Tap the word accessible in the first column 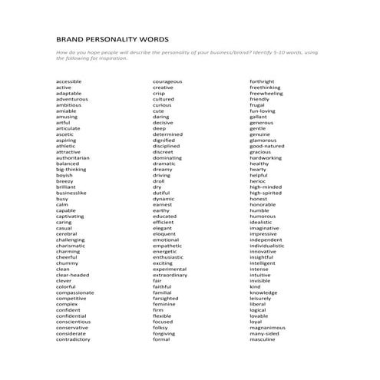pos(68,81)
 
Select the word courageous pos(167,81)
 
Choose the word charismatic pos(71,246)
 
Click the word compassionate pos(74,292)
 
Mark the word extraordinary pos(170,275)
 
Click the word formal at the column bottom pos(160,339)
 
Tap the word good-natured pos(266,146)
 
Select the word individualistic pos(271,246)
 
